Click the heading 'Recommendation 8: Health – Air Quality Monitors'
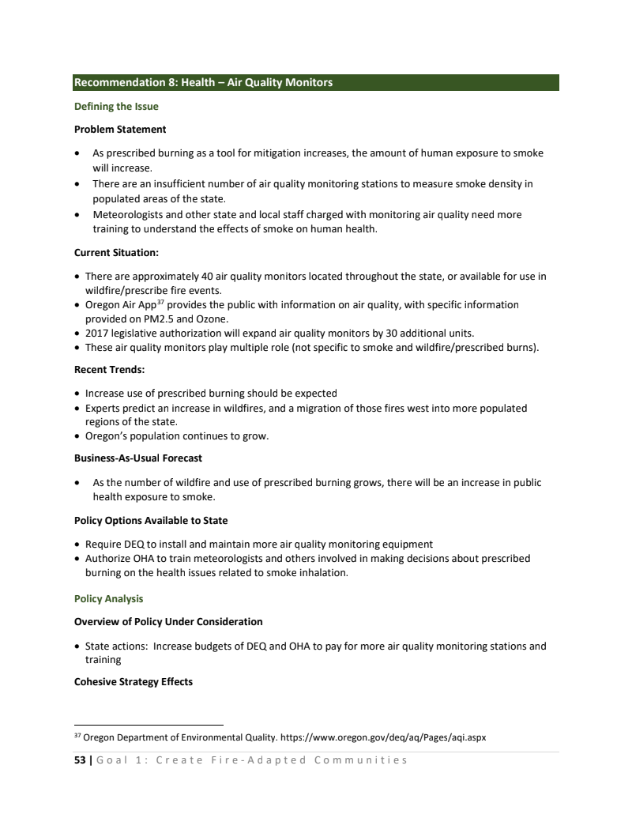[x=203, y=82]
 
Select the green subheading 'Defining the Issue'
[x=116, y=106]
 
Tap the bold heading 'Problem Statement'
[x=120, y=129]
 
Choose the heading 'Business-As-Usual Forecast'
[x=138, y=458]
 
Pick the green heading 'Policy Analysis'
[x=109, y=598]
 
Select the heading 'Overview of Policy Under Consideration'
[x=168, y=621]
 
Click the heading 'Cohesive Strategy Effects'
[x=134, y=681]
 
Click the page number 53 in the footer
[x=80, y=760]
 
